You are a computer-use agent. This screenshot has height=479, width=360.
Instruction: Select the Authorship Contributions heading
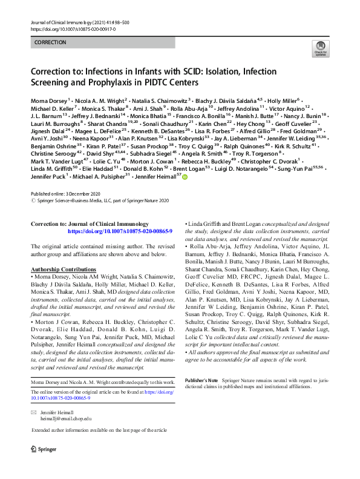68,269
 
